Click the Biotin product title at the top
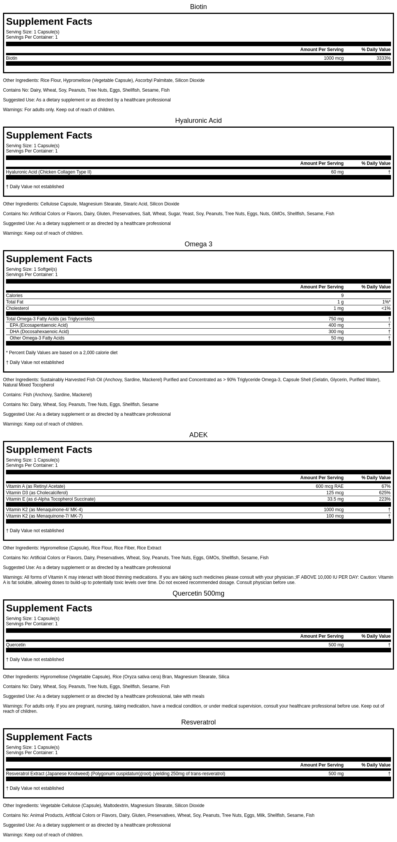point(198,7)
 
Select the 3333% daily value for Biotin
point(383,58)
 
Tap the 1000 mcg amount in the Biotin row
point(333,58)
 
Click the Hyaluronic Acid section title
point(198,121)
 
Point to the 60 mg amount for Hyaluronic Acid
point(337,172)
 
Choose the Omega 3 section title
point(198,244)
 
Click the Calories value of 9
point(342,296)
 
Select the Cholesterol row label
point(17,308)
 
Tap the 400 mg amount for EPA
point(336,325)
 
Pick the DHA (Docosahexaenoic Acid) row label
point(39,332)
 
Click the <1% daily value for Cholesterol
point(386,308)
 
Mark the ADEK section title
point(198,435)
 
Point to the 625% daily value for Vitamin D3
point(385,493)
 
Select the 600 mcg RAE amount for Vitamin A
point(329,486)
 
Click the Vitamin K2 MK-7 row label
point(44,516)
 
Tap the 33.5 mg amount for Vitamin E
point(335,499)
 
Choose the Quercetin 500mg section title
point(198,593)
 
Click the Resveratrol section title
point(198,722)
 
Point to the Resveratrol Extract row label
point(115,774)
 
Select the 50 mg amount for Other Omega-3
point(337,338)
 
